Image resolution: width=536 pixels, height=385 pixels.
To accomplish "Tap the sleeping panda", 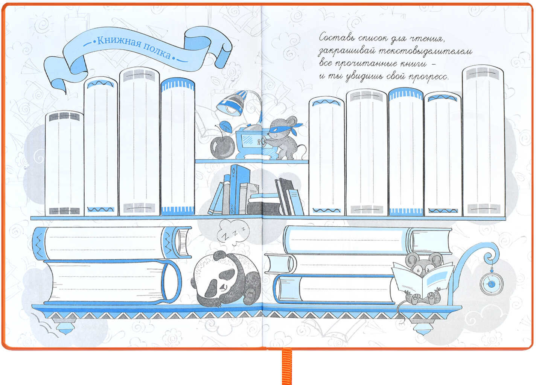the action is (226, 279).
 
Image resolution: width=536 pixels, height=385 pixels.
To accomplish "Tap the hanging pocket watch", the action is (492, 283).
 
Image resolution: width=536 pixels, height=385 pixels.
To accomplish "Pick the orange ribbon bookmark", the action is (287, 366).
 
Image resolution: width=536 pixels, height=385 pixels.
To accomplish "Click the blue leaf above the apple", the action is (225, 127).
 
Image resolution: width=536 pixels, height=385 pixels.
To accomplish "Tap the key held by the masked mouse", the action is (260, 141).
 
